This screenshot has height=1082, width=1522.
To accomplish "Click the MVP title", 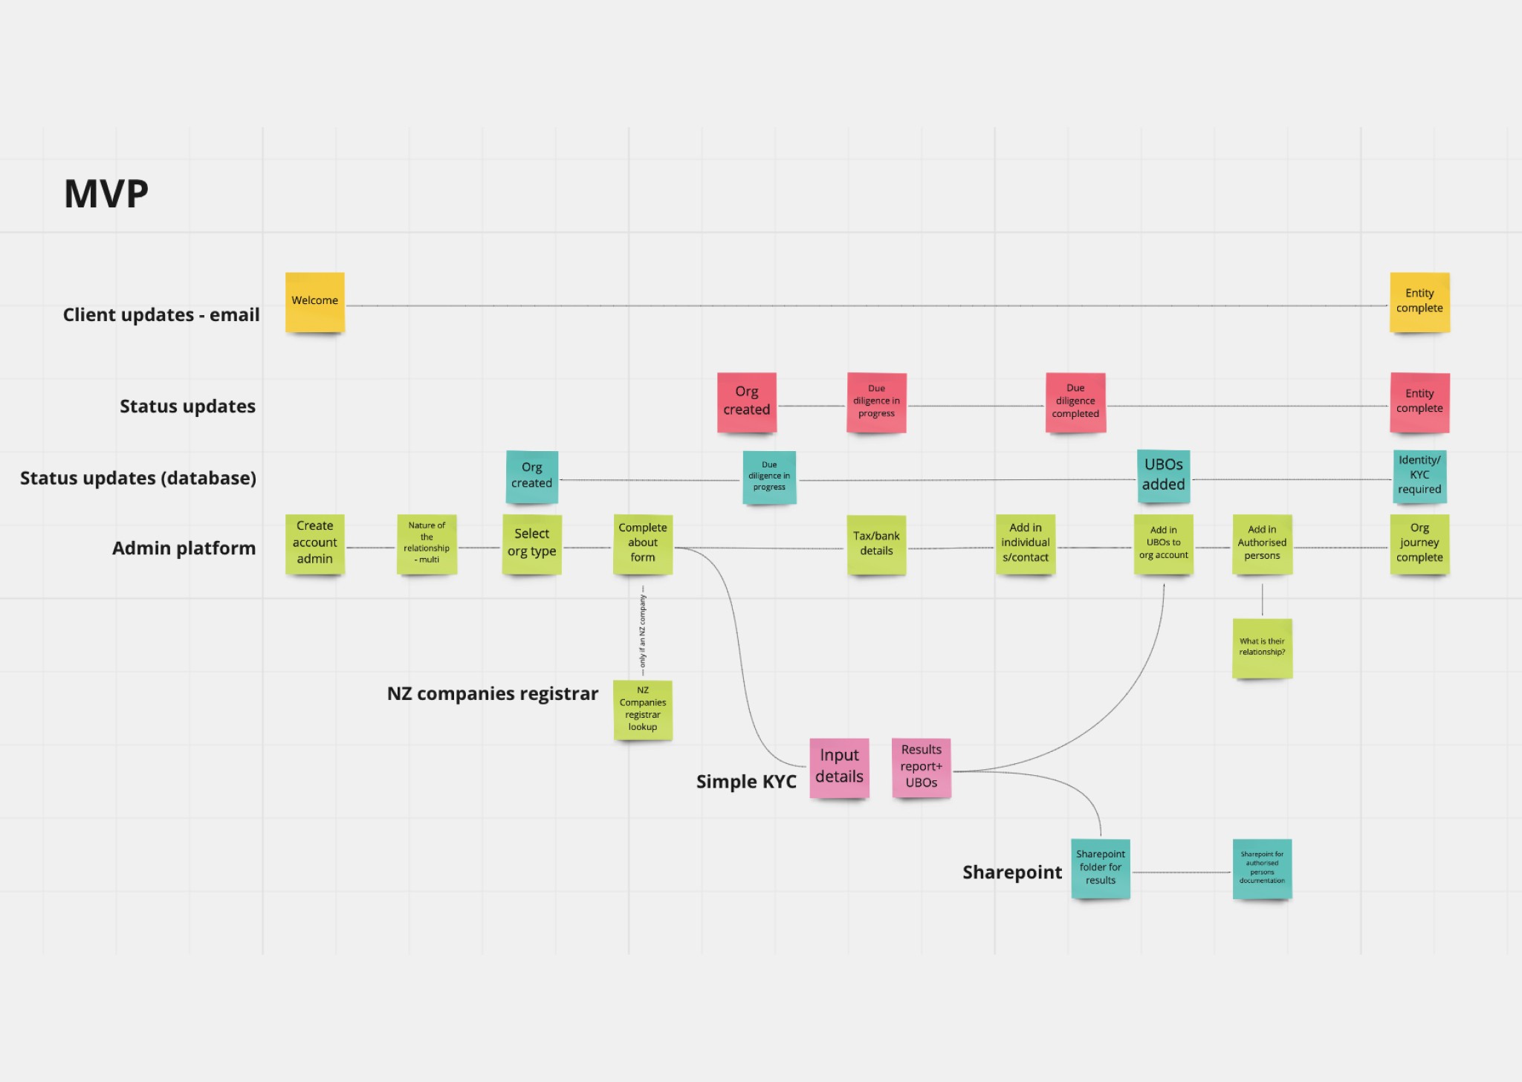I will [106, 194].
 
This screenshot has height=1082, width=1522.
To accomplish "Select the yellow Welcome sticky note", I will [315, 302].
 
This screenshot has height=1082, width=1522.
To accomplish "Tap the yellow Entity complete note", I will [1419, 302].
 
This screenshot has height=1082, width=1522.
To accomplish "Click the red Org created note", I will [747, 402].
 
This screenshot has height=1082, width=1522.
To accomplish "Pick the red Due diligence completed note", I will [1075, 402].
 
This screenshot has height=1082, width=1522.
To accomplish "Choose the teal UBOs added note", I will [1163, 476].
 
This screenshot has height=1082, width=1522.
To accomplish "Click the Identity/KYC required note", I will [1419, 476].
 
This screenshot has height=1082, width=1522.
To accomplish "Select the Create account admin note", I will [315, 544].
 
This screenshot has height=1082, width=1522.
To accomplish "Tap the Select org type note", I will [532, 544].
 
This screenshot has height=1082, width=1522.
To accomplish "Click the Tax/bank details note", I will [876, 544].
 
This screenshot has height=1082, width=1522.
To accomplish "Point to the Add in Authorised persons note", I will [1262, 544].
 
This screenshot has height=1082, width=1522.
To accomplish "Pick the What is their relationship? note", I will [1262, 647].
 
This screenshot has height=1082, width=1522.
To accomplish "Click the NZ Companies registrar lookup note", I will [643, 710].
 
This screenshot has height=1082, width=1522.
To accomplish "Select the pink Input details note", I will [839, 768].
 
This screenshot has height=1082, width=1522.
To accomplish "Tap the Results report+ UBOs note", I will [922, 768].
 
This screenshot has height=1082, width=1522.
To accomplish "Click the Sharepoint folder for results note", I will [1101, 868].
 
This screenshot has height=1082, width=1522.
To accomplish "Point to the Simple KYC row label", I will [746, 782].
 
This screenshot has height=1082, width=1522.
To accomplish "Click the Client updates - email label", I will [161, 315].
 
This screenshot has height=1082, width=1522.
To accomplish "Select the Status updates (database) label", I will [138, 478].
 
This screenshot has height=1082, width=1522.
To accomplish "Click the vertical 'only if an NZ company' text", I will [643, 632].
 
